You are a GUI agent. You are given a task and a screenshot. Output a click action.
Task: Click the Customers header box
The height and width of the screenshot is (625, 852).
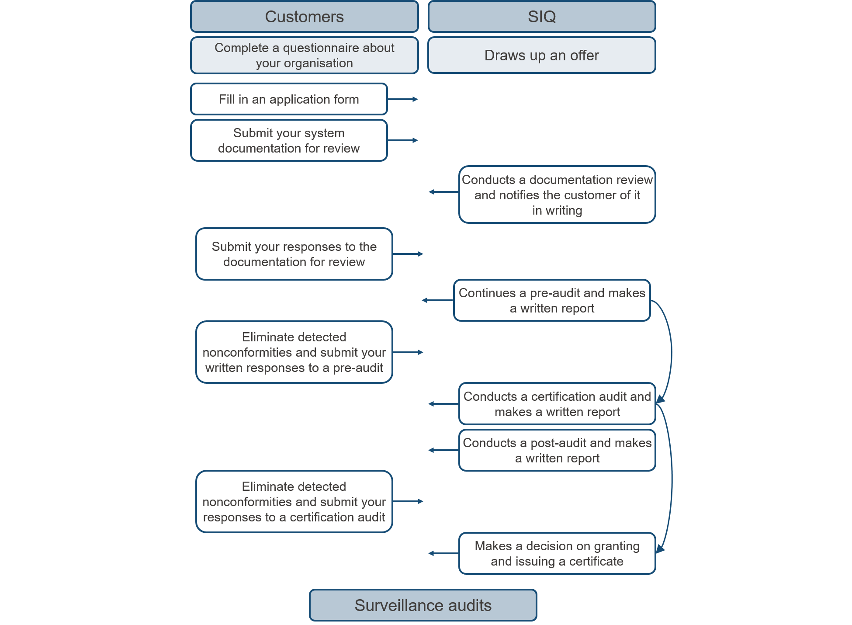[x=305, y=17]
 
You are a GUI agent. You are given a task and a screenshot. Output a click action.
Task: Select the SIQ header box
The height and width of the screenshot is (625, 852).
[x=542, y=17]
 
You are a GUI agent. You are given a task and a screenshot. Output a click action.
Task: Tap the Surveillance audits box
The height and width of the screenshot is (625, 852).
[x=423, y=605]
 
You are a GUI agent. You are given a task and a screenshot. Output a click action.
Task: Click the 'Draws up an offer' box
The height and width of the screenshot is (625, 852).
[x=542, y=55]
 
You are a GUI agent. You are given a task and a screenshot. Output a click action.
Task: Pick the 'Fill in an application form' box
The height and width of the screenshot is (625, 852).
[x=289, y=99]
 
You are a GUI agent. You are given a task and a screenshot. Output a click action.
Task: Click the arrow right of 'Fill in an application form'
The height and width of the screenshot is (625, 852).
[x=403, y=99]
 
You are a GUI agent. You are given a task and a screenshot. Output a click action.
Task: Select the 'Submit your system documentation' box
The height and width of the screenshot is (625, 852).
[x=289, y=140]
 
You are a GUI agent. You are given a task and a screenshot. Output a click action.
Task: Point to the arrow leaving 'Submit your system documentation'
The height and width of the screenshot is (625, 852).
[x=403, y=140]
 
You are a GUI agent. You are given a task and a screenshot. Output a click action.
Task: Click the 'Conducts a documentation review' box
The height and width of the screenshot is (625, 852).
[x=557, y=194]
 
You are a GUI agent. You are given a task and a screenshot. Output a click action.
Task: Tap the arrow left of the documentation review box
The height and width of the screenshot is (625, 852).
[x=444, y=192]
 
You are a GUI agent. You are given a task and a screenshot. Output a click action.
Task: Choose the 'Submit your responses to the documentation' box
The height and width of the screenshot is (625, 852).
[x=294, y=254]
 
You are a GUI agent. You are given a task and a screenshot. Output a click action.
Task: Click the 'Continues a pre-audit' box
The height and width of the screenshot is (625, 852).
[x=552, y=300]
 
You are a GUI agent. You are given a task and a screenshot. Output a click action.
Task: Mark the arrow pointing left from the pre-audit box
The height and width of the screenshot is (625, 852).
[x=438, y=300]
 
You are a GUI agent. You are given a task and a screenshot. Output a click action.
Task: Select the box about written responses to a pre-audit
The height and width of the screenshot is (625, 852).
[x=294, y=352]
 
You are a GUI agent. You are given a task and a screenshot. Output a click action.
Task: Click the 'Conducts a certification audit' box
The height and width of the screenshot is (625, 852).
[x=557, y=404]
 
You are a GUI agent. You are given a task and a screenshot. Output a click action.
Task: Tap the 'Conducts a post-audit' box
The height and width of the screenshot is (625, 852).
[x=557, y=450]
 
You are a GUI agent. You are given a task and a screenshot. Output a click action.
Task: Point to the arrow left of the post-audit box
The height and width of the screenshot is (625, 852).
[x=444, y=450]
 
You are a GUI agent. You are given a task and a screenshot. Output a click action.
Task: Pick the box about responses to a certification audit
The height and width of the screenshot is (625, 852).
[x=294, y=502]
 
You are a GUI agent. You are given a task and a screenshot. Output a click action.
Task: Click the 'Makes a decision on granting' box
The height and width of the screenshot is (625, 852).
[x=557, y=553]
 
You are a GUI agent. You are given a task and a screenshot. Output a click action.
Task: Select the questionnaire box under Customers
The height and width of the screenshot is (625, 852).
[x=305, y=55]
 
